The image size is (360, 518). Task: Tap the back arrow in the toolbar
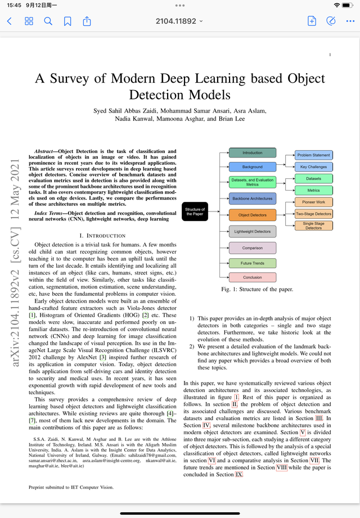pyautogui.click(x=9, y=21)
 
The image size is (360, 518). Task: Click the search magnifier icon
pyautogui.click(x=48, y=21)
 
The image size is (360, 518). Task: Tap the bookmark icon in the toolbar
pyautogui.click(x=67, y=21)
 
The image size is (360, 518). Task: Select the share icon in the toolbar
pyautogui.click(x=87, y=21)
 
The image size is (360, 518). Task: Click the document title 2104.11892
pyautogui.click(x=179, y=21)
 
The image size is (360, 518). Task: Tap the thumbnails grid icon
pyautogui.click(x=29, y=21)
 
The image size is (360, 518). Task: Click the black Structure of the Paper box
pyautogui.click(x=195, y=212)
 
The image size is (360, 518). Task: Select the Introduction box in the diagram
pyautogui.click(x=252, y=153)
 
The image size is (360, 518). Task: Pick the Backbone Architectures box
pyautogui.click(x=252, y=199)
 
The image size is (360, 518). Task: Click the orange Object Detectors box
pyautogui.click(x=252, y=215)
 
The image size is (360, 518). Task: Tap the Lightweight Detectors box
pyautogui.click(x=252, y=231)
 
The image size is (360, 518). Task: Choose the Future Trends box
pyautogui.click(x=252, y=263)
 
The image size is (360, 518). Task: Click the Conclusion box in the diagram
pyautogui.click(x=252, y=277)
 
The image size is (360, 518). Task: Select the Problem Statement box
pyautogui.click(x=313, y=155)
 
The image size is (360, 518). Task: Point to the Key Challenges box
pyautogui.click(x=313, y=167)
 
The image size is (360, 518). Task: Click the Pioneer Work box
pyautogui.click(x=313, y=202)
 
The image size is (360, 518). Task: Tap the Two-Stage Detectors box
pyautogui.click(x=313, y=214)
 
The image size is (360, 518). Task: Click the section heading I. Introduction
pyautogui.click(x=102, y=235)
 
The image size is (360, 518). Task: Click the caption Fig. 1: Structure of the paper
pyautogui.click(x=257, y=290)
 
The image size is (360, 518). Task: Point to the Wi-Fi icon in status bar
pyautogui.click(x=336, y=4)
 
